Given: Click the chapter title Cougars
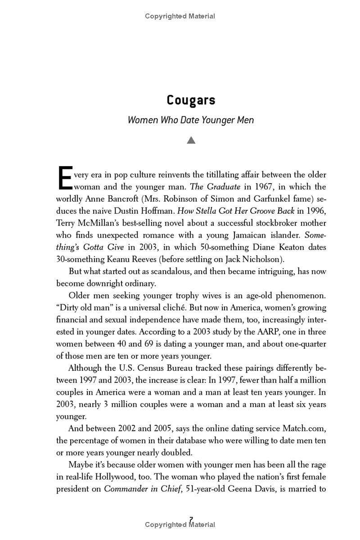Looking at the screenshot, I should (191, 100).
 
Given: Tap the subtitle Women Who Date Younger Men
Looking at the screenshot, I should (191, 120).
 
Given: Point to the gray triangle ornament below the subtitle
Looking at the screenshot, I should (191, 140).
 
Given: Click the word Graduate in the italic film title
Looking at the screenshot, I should (223, 186).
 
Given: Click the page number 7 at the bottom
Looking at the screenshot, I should (191, 519).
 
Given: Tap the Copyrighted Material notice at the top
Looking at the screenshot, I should (180, 16).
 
